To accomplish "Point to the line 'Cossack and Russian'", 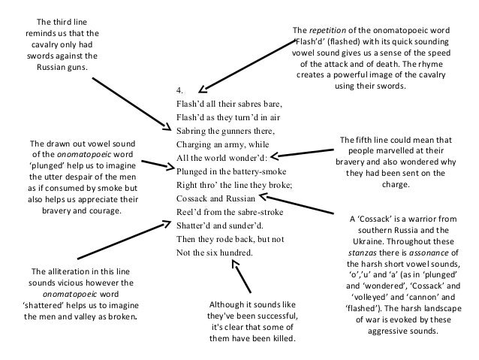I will [x=212, y=198].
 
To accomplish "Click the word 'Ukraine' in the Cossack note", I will [x=382, y=243].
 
